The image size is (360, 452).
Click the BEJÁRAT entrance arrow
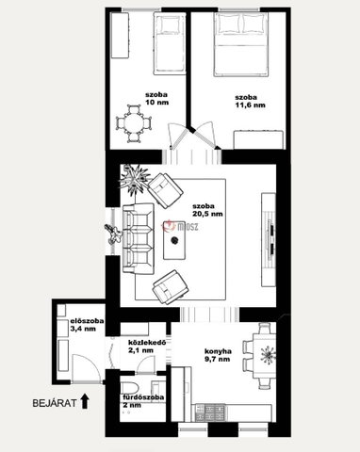pos(85,402)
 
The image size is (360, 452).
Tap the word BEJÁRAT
pos(55,403)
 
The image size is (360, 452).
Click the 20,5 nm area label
pos(207,214)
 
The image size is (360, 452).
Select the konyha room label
pos(218,351)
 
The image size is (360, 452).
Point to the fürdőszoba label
pos(143,397)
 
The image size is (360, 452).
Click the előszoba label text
pos(88,321)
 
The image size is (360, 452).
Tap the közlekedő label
pos(147,343)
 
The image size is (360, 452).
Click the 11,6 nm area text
pos(251,105)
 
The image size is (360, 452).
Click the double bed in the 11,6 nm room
pos(241,44)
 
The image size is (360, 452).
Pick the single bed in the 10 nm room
pos(169,43)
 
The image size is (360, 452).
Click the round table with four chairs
pos(134,123)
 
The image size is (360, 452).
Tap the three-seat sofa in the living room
pos(139,238)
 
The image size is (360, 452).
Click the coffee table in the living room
pos(174,238)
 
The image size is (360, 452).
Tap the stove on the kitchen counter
pos(210,412)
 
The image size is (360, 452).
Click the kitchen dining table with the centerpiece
pos(265,356)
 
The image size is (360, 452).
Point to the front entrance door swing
pos(87,368)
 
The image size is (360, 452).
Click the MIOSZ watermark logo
pos(180,226)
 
